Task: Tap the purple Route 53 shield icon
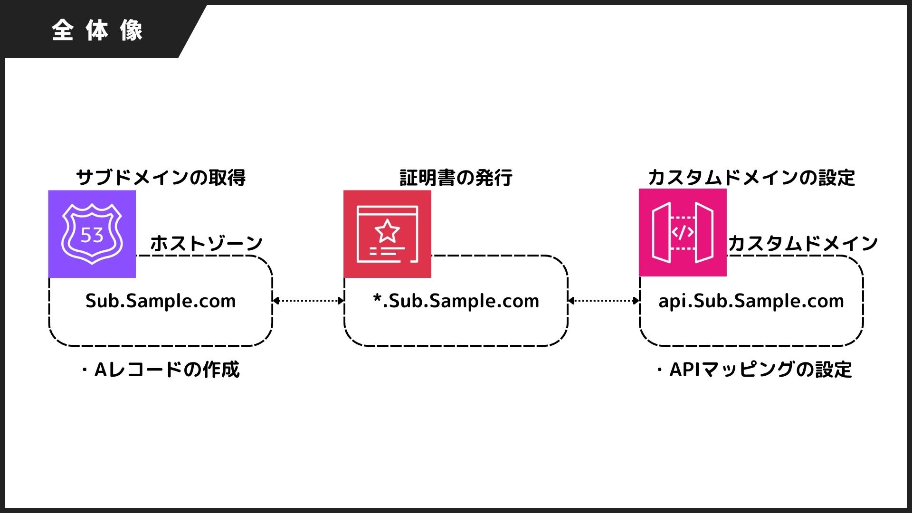point(92,234)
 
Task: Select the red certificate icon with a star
point(387,234)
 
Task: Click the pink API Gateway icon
point(683,232)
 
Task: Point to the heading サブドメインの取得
point(161,178)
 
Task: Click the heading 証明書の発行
point(456,178)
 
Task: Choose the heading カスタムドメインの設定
point(751,178)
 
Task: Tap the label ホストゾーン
point(206,243)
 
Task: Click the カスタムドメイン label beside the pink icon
point(803,243)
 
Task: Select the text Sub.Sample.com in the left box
point(161,301)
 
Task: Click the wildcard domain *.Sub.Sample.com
point(456,301)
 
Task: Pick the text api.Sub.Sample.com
point(751,301)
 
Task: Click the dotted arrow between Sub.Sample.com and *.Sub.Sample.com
point(308,300)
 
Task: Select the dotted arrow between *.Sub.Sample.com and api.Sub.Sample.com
point(604,300)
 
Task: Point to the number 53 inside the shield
point(92,235)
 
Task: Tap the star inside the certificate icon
point(387,231)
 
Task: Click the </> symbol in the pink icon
point(683,232)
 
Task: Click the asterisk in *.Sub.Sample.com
point(378,298)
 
